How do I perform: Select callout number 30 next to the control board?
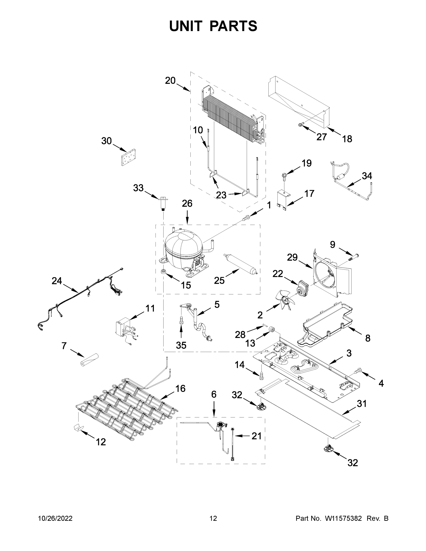pyautogui.click(x=106, y=141)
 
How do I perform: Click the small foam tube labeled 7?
pyautogui.click(x=89, y=360)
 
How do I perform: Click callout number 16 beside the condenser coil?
pyautogui.click(x=181, y=388)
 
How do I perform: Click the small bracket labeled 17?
pyautogui.click(x=283, y=200)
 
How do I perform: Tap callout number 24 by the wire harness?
pyautogui.click(x=57, y=281)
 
